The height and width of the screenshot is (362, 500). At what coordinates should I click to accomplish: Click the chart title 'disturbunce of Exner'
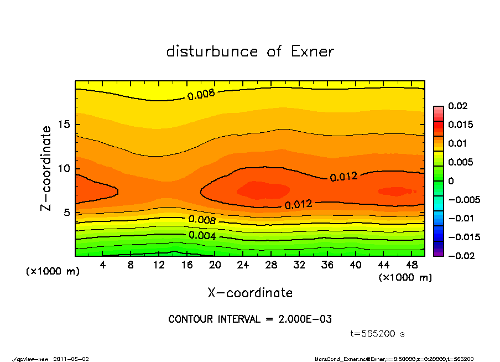(x=250, y=51)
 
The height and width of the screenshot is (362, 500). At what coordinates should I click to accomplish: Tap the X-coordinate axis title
(x=250, y=292)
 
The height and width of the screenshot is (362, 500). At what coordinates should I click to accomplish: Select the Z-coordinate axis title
(x=46, y=168)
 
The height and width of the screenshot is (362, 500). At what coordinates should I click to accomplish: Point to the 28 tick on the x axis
(x=271, y=265)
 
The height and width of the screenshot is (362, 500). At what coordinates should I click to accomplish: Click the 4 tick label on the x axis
(x=103, y=265)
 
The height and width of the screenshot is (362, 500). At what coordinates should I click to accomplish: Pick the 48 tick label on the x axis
(x=412, y=265)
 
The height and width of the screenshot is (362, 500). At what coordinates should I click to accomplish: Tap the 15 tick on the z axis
(x=64, y=125)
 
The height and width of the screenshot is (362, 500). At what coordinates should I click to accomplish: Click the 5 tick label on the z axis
(x=67, y=213)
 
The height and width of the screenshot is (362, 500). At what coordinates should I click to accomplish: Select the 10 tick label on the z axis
(x=64, y=169)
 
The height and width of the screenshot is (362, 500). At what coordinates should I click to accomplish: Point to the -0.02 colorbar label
(x=460, y=256)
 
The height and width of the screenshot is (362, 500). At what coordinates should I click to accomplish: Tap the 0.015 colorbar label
(x=460, y=125)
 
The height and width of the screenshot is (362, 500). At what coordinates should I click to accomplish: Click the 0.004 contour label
(x=202, y=236)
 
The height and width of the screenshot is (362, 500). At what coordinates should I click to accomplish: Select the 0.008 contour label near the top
(x=201, y=95)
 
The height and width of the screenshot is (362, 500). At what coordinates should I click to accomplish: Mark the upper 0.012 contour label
(x=343, y=177)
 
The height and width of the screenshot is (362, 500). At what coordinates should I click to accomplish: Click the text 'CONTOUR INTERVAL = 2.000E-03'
(x=250, y=319)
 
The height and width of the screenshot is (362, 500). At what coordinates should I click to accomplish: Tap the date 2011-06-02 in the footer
(x=71, y=359)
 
